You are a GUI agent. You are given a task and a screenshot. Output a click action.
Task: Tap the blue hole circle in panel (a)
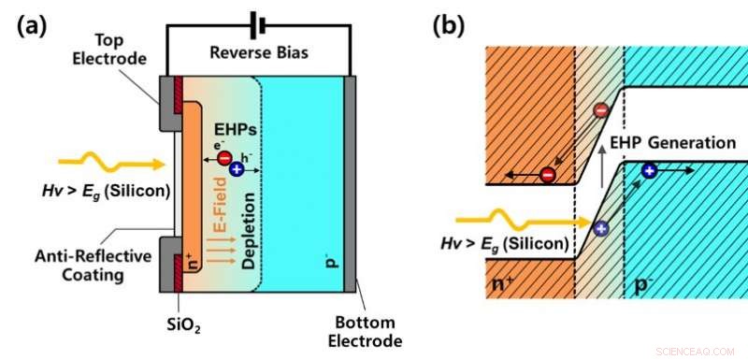(237, 169)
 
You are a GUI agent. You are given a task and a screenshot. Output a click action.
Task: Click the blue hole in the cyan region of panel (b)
(649, 170)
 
